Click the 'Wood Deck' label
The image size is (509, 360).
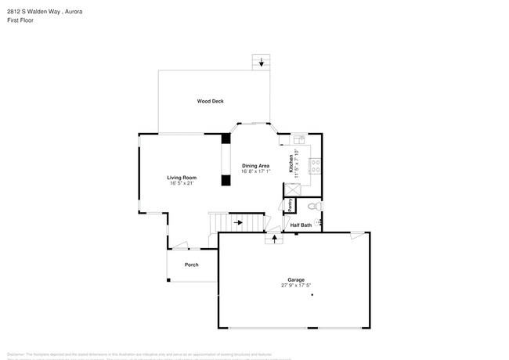(210, 102)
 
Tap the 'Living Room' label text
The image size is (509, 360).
(181, 178)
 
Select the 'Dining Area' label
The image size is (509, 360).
(255, 165)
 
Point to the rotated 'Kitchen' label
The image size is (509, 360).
(291, 164)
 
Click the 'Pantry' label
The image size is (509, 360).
(291, 205)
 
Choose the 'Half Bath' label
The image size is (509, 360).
(301, 225)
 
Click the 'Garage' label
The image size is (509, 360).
(294, 279)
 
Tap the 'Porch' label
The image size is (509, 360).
(191, 265)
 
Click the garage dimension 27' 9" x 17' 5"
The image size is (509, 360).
(294, 286)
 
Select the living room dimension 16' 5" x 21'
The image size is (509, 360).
(181, 184)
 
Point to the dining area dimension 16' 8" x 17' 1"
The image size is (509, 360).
(255, 171)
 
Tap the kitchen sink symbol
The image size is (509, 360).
(298, 141)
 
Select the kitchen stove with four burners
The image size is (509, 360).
(316, 166)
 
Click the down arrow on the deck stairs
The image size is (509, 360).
(262, 63)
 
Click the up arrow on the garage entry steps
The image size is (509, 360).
(273, 238)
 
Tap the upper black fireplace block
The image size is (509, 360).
(226, 139)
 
